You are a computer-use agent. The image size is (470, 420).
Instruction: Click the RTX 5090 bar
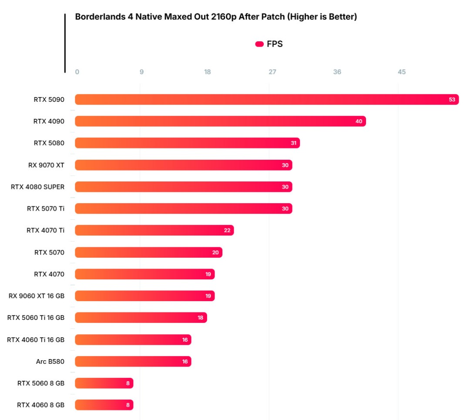[x=266, y=100]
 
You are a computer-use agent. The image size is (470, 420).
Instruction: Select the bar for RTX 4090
[x=220, y=121]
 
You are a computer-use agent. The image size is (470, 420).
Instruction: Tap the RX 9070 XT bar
[x=183, y=165]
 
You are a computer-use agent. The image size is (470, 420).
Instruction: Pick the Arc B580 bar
[x=133, y=361]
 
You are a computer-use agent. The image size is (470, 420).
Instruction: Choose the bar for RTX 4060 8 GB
[x=104, y=405]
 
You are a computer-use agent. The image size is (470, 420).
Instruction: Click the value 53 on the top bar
[x=452, y=100]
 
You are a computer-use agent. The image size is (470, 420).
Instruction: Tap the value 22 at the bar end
[x=227, y=230]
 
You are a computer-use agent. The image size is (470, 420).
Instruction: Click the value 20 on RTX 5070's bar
[x=216, y=252]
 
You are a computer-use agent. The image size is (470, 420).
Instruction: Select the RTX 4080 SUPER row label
[x=38, y=187]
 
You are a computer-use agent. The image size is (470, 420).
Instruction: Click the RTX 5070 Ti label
[x=46, y=208]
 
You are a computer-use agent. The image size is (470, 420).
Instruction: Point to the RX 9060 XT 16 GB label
[x=37, y=296]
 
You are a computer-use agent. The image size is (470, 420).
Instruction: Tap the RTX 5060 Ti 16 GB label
[x=36, y=318]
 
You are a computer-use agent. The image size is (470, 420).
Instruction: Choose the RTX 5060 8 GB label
[x=41, y=383]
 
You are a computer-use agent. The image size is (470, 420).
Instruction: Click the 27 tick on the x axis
[x=272, y=72]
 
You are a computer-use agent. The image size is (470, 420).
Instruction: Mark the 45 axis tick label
[x=402, y=72]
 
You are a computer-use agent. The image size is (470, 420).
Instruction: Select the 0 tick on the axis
[x=77, y=72]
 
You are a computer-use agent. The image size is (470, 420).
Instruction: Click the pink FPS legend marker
[x=259, y=44]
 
